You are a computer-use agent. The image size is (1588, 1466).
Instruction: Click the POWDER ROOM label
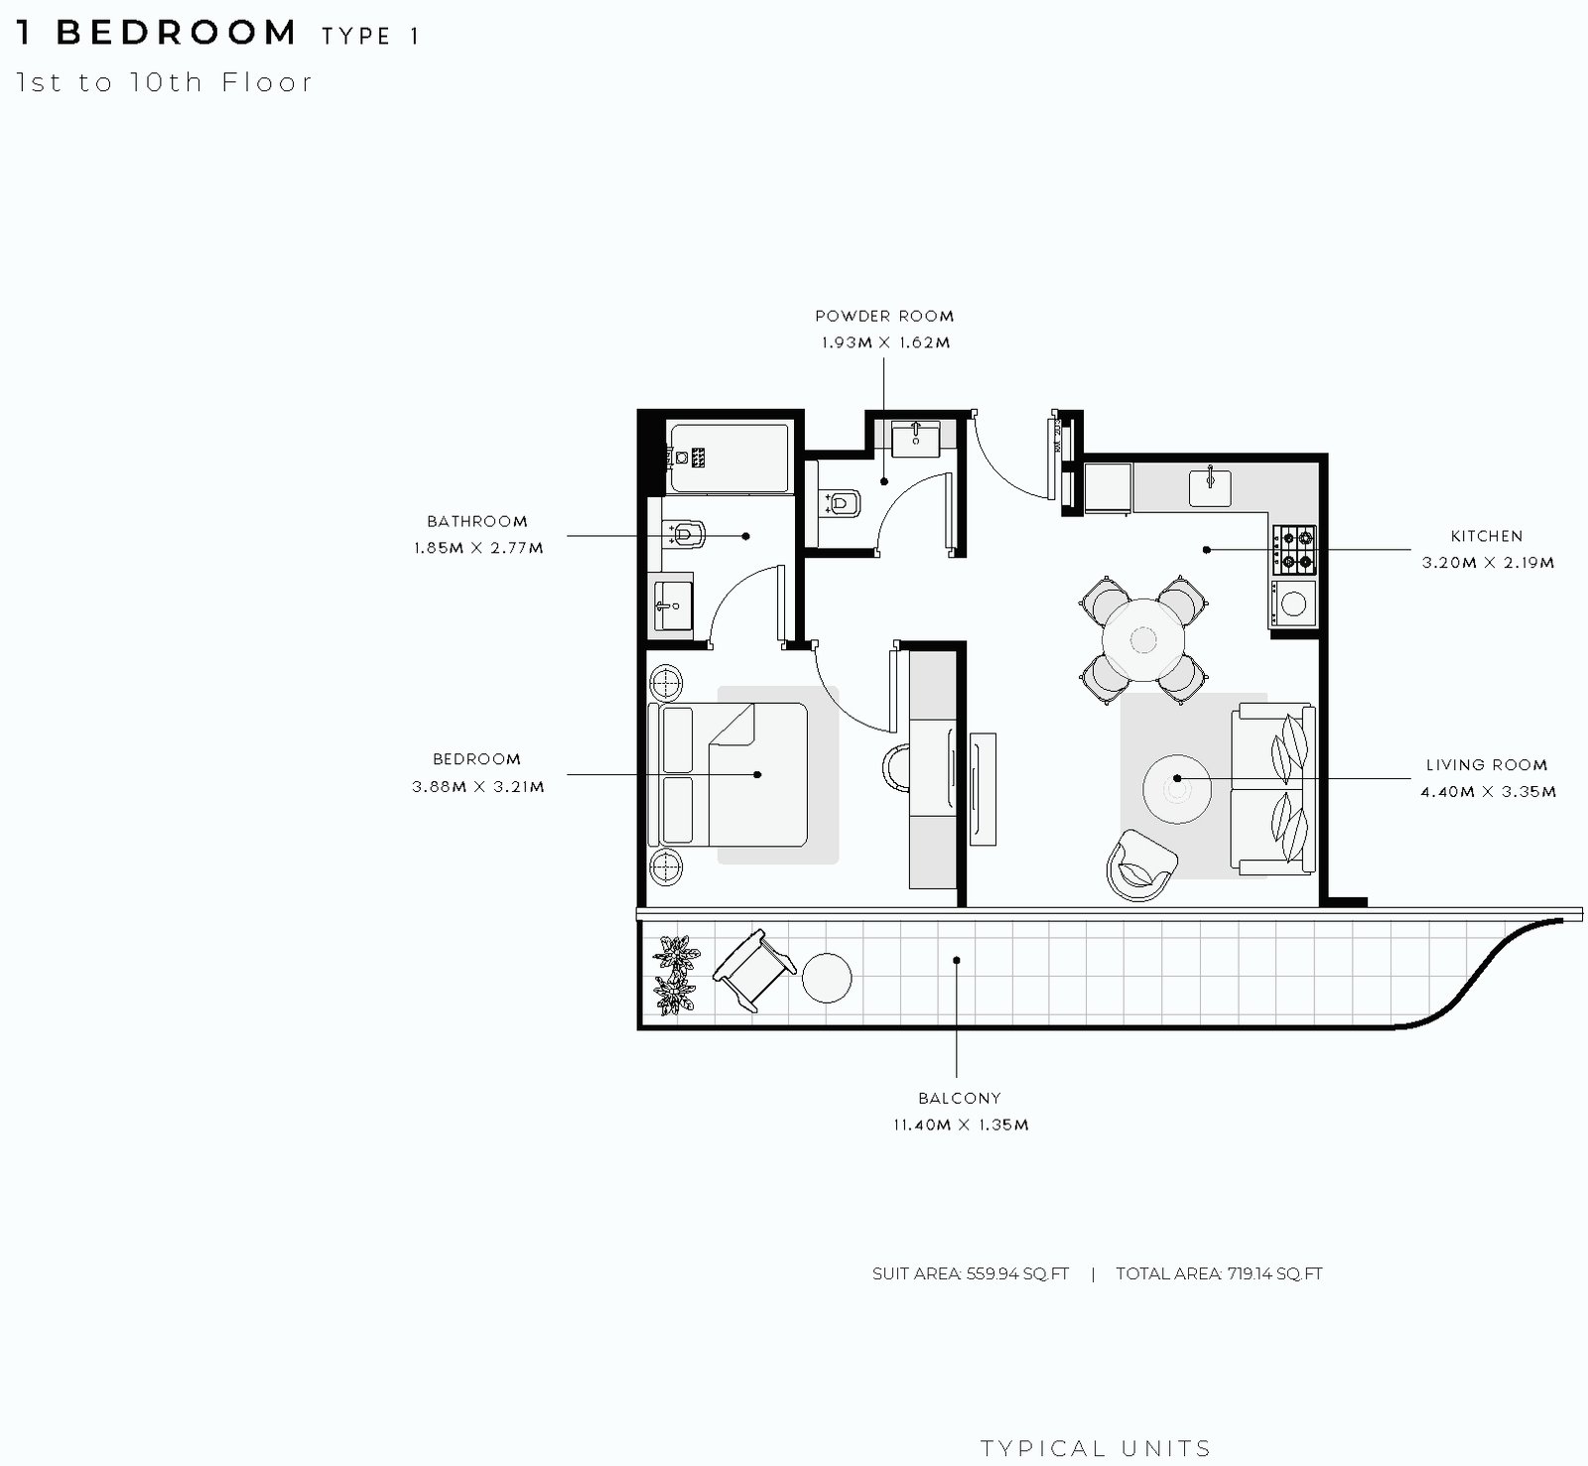[884, 317]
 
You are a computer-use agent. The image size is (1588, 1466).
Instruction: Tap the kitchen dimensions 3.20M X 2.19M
[1488, 563]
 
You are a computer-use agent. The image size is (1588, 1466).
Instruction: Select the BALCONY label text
[960, 1099]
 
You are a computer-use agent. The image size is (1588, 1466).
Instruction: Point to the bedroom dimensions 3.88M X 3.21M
[478, 787]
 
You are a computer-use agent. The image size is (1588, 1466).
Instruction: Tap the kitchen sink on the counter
[1211, 486]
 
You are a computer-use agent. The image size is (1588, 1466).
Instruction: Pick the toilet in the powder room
[840, 503]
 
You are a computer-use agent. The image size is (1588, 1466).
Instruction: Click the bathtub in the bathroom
[729, 458]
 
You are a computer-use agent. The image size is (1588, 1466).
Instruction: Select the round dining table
[1143, 639]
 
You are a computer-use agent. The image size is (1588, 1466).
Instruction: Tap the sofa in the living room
[1273, 789]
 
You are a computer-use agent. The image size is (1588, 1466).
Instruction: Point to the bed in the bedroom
[728, 775]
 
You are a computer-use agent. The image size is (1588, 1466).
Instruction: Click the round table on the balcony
[827, 979]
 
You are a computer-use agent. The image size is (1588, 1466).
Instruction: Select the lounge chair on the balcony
[754, 970]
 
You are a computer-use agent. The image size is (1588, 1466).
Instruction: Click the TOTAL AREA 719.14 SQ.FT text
[1219, 1274]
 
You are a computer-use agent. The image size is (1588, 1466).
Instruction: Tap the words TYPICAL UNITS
[1096, 1449]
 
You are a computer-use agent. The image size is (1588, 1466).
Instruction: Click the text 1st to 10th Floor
[165, 82]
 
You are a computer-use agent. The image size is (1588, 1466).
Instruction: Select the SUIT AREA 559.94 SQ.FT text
[971, 1274]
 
